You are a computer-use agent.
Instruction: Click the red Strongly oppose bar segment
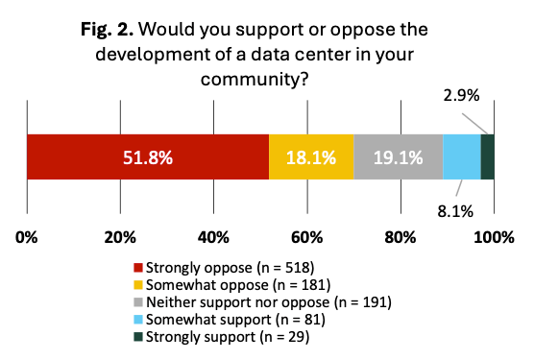click(148, 156)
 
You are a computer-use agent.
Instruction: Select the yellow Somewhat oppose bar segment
click(311, 156)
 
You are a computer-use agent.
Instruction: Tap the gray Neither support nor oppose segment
click(399, 156)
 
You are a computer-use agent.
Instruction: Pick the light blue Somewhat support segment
click(462, 156)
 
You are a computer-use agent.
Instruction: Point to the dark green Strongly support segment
click(488, 156)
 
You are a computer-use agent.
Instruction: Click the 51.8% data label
click(148, 157)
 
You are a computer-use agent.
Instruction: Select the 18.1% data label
click(311, 157)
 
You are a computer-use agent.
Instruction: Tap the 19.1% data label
click(399, 157)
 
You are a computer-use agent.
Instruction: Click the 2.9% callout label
click(461, 96)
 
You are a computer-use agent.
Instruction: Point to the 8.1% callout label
click(455, 211)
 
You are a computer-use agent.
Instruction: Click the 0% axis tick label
click(27, 237)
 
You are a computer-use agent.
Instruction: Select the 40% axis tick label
click(213, 237)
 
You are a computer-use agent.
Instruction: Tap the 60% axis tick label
click(307, 237)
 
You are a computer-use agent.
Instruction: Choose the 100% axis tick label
click(495, 237)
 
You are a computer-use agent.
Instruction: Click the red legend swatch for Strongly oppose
click(138, 268)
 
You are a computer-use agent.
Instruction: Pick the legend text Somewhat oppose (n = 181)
click(238, 285)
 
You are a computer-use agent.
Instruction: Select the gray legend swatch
click(138, 302)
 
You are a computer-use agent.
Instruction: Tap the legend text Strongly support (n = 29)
click(228, 337)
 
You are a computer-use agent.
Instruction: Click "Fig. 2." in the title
click(107, 29)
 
